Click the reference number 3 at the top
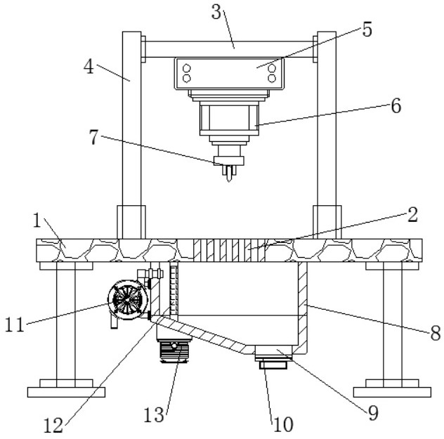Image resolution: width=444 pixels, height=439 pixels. point(216,13)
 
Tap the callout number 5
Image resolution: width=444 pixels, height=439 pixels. point(367,30)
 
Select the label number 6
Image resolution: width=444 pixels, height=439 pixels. point(396,106)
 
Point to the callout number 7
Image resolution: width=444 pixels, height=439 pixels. point(93,137)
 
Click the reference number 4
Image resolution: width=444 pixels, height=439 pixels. point(89,67)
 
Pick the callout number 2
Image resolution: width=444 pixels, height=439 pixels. point(412,215)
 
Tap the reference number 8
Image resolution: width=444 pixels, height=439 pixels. point(436,333)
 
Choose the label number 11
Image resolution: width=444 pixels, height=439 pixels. point(15,325)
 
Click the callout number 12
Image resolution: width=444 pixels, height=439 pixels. point(53,426)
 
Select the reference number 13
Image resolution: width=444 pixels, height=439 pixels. point(154,415)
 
